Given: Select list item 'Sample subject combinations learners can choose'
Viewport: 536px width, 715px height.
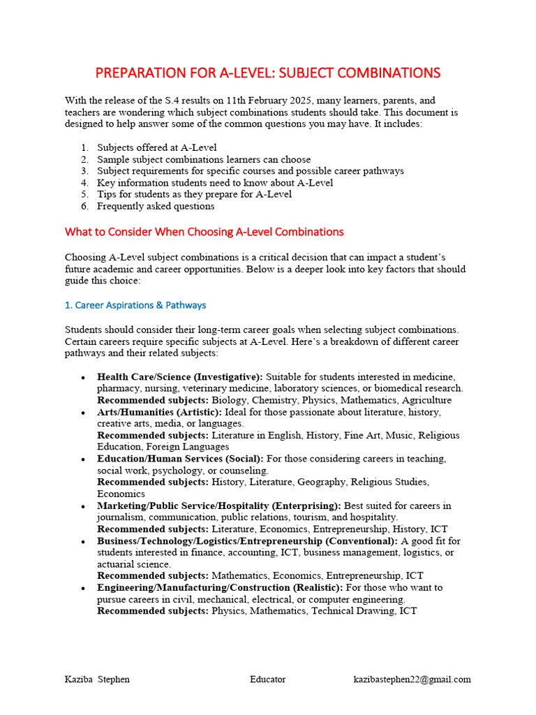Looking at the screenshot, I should pyautogui.click(x=204, y=159).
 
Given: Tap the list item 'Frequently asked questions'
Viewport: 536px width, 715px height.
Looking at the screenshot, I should pyautogui.click(x=156, y=206).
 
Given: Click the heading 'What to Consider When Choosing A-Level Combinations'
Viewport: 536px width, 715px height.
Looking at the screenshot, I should pyautogui.click(x=204, y=232).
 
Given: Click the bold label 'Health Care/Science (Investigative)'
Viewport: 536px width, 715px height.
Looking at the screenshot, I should pyautogui.click(x=179, y=377).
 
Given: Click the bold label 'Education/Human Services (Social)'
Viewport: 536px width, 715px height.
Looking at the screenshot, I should pyautogui.click(x=179, y=459).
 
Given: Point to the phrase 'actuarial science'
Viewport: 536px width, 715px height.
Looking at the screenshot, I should pyautogui.click(x=133, y=563).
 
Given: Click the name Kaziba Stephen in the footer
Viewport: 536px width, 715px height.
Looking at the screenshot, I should pyautogui.click(x=97, y=679).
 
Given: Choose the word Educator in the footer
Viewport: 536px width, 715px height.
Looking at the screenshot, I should pyautogui.click(x=267, y=679).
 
